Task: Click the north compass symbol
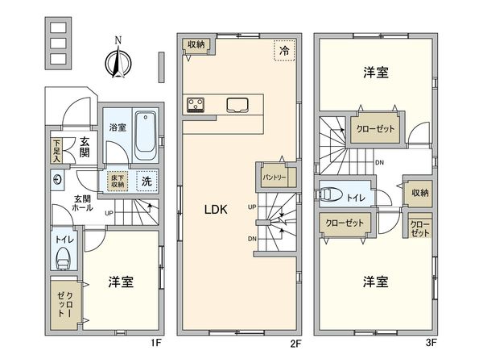pos(118,61)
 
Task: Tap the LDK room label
pos(216,209)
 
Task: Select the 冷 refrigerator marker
pos(283,50)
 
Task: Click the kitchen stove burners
pos(197,102)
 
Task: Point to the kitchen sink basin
pos(237,103)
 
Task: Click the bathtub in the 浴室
pos(145,134)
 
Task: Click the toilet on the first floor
pos(64,258)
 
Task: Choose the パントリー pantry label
pos(272,175)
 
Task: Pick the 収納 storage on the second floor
pos(197,45)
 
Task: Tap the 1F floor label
pos(158,342)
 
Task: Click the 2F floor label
pos(295,342)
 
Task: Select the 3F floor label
pos(431,342)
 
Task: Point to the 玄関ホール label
pos(83,202)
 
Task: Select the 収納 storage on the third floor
pos(419,192)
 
